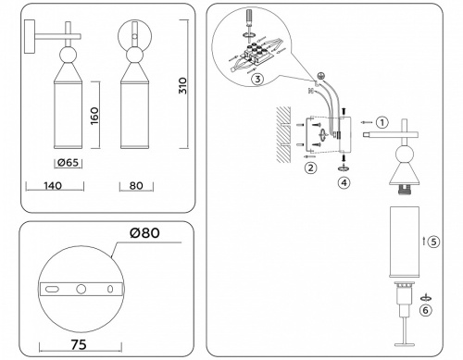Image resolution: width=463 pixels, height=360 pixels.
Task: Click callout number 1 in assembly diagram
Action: (x=382, y=121)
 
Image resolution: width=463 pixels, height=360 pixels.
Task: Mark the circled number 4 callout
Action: (x=344, y=182)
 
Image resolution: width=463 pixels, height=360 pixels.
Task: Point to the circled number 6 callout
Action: (x=425, y=310)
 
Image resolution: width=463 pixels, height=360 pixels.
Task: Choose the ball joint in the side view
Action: (x=70, y=55)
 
